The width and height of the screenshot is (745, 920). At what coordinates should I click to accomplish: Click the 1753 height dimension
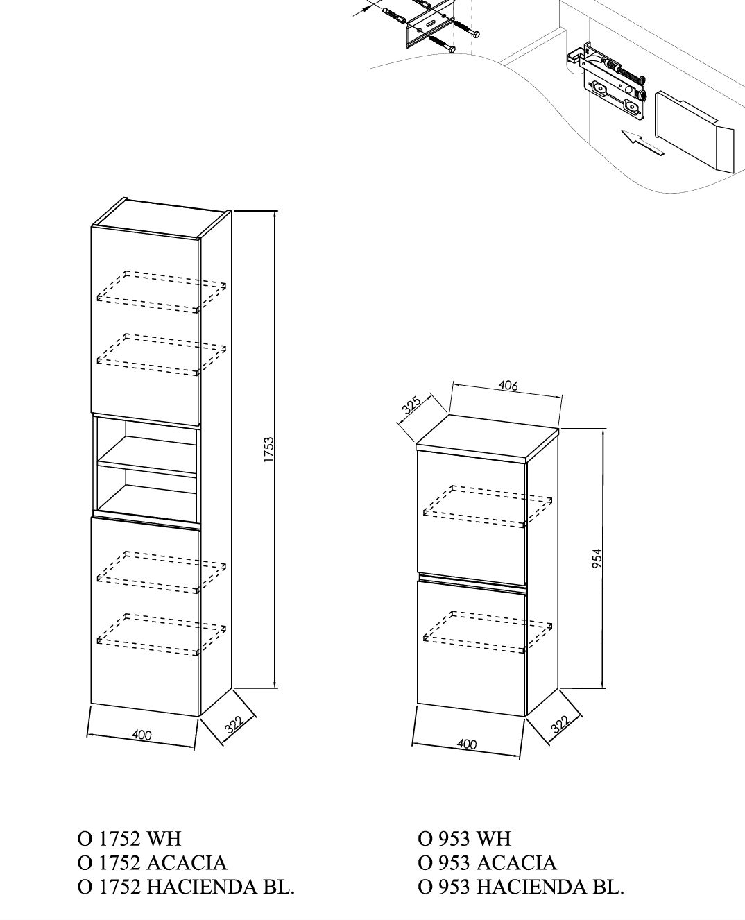coord(269,450)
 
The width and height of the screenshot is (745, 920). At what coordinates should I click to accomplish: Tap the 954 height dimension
coord(597,558)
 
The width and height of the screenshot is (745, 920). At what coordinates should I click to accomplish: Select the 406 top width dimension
coord(508,385)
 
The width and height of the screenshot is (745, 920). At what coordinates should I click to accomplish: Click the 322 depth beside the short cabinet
coord(560,724)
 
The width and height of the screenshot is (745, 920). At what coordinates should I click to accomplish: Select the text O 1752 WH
coord(129,840)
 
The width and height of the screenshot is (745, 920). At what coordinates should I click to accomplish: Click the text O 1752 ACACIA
coord(152,863)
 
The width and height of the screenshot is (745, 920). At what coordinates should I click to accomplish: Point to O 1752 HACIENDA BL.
coord(186,887)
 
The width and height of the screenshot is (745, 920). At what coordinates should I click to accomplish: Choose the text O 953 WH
coord(464,840)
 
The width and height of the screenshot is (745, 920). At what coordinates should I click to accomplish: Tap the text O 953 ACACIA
coord(487,863)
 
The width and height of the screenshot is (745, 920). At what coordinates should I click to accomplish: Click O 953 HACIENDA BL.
coord(521,887)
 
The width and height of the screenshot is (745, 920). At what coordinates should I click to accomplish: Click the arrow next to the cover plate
coord(642,142)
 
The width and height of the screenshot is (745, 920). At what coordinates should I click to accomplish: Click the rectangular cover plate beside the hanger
coord(694,131)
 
